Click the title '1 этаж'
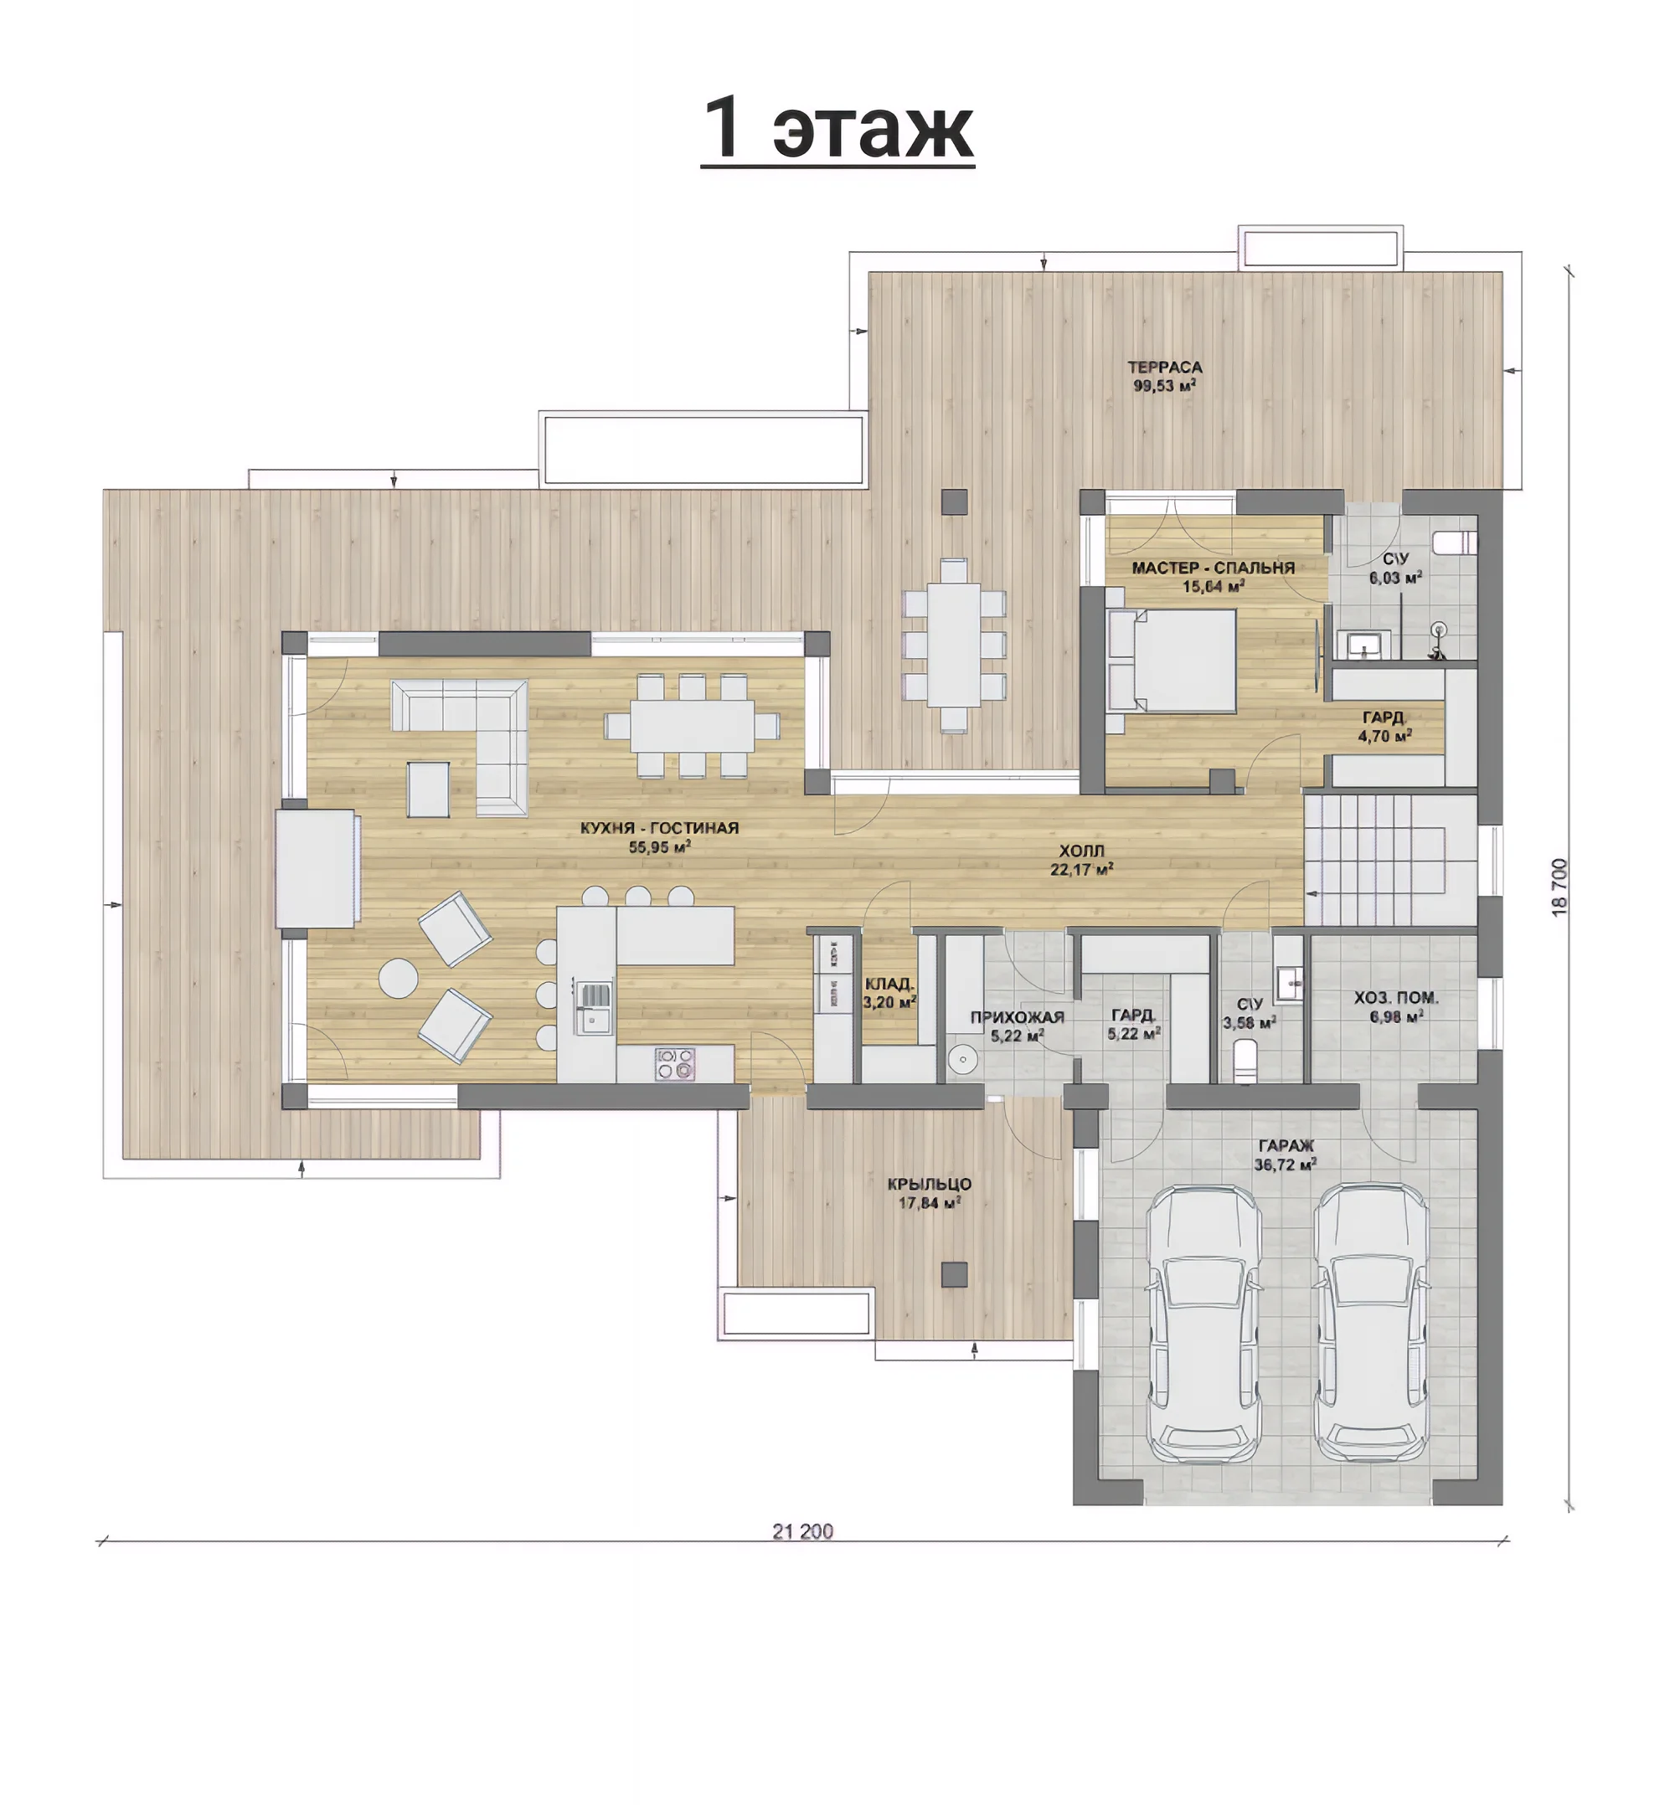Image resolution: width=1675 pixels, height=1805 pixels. pyautogui.click(x=837, y=127)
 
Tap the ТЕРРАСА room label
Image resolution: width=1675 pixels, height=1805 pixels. pyautogui.click(x=1165, y=367)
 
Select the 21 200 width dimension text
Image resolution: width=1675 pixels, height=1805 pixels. pyautogui.click(x=802, y=1531)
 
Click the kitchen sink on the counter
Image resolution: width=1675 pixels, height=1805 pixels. pyautogui.click(x=593, y=1008)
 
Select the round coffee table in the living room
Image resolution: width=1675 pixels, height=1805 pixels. pyautogui.click(x=398, y=979)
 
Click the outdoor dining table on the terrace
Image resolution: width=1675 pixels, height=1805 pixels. pyautogui.click(x=954, y=645)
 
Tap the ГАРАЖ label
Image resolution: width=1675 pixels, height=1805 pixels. pyautogui.click(x=1286, y=1146)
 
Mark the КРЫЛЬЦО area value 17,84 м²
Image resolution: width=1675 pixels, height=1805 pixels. pyautogui.click(x=929, y=1203)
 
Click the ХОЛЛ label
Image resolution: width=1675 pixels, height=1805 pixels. pyautogui.click(x=1081, y=851)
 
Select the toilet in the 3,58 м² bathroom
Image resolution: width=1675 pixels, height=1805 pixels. pyautogui.click(x=1245, y=1059)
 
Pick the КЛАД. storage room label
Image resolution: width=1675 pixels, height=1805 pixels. pyautogui.click(x=889, y=984)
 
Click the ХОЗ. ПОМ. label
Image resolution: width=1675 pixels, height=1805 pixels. pyautogui.click(x=1396, y=998)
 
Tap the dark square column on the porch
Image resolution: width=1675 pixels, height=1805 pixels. pyautogui.click(x=954, y=1274)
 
